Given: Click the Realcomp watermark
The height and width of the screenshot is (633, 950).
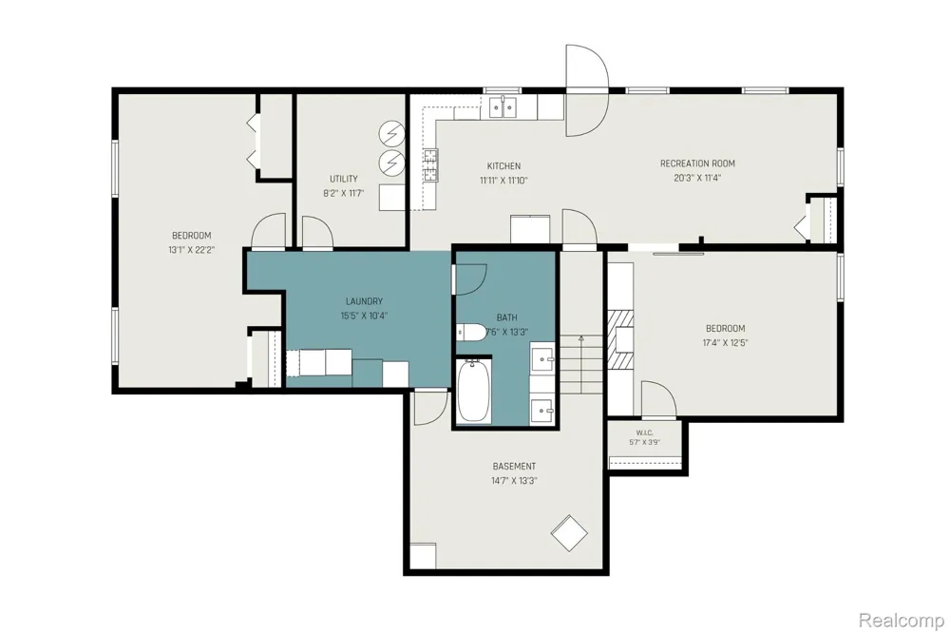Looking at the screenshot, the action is (901, 621).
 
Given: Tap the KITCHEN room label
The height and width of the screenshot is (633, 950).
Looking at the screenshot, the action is (503, 165).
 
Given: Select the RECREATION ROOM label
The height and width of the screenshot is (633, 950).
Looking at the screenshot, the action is (697, 163).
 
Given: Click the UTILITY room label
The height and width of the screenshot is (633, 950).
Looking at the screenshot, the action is (344, 179).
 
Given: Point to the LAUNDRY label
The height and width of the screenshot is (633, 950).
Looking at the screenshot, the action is (364, 301).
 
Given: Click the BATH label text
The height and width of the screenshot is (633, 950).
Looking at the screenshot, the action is (507, 317).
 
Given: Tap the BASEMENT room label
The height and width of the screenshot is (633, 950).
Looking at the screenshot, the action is (514, 467).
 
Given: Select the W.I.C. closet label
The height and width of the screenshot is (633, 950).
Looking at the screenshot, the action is (644, 432).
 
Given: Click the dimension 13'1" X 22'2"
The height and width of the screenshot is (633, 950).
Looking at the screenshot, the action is (192, 250).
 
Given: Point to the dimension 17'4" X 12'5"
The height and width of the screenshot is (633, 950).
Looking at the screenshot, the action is (725, 342).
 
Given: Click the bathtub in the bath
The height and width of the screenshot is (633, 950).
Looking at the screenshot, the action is (474, 391).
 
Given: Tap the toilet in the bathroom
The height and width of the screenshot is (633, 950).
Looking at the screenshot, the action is (471, 333).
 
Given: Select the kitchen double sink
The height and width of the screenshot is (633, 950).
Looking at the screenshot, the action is (503, 107).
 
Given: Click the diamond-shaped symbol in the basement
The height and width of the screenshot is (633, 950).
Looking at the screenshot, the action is (569, 533).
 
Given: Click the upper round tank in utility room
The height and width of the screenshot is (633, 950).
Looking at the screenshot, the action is (391, 133).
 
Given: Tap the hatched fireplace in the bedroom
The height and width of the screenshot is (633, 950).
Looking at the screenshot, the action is (620, 339).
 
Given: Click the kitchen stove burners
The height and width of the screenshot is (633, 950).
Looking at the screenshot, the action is (430, 165).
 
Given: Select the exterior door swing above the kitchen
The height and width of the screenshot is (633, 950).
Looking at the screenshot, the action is (586, 90).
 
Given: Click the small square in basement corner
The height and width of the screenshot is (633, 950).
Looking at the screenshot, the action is (423, 556).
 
